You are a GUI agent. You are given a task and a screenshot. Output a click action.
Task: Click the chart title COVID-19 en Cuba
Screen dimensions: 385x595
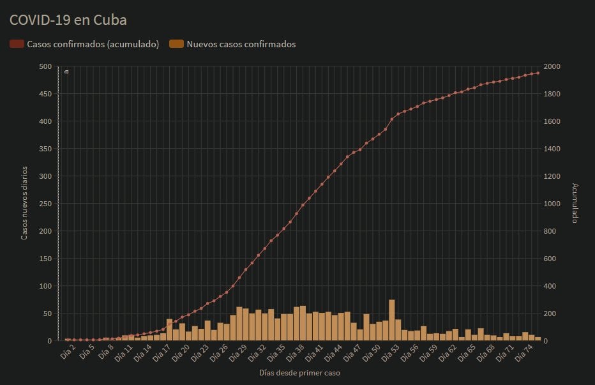[x=68, y=20]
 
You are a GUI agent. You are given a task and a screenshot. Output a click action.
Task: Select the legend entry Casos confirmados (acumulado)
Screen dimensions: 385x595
[x=93, y=44]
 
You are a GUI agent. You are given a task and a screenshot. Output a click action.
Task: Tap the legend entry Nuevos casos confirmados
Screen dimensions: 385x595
[x=241, y=44]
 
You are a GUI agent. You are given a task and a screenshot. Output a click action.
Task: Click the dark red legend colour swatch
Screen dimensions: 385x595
[x=17, y=44]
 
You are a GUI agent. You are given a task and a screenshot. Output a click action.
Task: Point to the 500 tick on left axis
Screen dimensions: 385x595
[x=45, y=66]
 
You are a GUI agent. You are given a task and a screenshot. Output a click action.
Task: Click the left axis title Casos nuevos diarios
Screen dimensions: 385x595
[x=24, y=203]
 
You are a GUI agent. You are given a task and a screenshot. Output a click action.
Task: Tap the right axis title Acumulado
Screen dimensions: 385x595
[x=575, y=203]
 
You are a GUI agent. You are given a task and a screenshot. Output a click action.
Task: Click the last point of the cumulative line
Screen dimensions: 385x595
[x=538, y=73]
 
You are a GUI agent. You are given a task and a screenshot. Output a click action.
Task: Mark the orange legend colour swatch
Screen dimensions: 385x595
[x=176, y=44]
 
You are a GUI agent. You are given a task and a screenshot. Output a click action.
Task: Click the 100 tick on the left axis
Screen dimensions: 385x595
[x=45, y=285]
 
